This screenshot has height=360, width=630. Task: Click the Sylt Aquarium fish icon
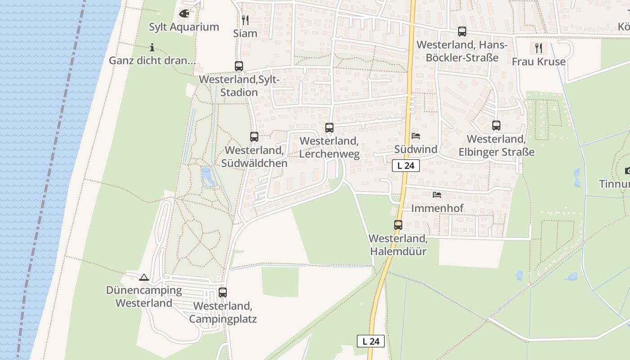(x=184, y=13)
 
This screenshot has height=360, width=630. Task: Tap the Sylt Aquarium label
(x=184, y=27)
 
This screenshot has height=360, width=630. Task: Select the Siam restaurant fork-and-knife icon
(x=245, y=20)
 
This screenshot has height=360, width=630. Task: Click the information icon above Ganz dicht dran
(x=152, y=47)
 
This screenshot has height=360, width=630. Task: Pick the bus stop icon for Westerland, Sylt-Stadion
(x=239, y=66)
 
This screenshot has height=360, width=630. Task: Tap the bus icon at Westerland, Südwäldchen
(x=254, y=137)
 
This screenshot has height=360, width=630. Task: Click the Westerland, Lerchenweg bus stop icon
(x=329, y=128)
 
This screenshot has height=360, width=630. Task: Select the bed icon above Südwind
(x=416, y=135)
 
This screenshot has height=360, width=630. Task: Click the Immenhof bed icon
(x=437, y=195)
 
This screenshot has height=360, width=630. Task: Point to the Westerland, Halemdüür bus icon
(x=398, y=225)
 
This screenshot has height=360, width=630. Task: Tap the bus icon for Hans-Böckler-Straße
(x=462, y=31)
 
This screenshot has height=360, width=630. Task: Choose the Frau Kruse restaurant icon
(x=539, y=48)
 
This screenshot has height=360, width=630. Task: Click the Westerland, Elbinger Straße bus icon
(x=496, y=126)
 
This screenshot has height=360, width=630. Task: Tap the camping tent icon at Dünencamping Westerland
(x=144, y=277)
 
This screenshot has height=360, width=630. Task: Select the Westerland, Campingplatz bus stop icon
(x=223, y=292)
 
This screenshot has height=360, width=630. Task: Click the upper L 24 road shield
(x=406, y=166)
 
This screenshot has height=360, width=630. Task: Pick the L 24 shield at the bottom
(x=371, y=341)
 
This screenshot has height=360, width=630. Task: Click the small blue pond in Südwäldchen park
(x=207, y=176)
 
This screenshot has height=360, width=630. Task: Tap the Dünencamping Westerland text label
(x=144, y=297)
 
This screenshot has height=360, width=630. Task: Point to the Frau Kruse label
(x=539, y=62)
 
